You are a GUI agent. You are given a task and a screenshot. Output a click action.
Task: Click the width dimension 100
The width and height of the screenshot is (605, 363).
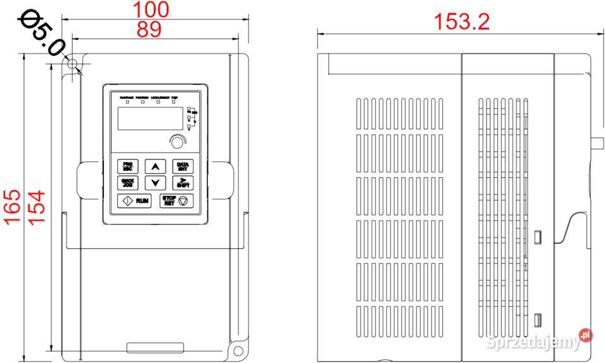(151, 10)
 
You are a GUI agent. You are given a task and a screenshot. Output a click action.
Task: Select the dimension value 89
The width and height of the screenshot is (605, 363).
(149, 29)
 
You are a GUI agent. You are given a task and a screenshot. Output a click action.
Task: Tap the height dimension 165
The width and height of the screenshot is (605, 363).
(12, 205)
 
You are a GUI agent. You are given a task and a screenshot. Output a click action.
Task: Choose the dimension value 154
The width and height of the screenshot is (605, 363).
(36, 205)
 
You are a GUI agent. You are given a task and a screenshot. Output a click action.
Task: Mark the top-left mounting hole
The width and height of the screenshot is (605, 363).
(73, 64)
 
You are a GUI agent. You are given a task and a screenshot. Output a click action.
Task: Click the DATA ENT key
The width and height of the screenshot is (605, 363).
(183, 166)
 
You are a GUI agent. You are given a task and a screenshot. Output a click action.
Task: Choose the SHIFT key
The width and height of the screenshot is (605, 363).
(183, 183)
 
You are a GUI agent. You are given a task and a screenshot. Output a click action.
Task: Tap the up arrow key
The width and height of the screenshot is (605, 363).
(154, 166)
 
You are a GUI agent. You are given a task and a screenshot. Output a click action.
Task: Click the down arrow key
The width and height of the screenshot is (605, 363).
(154, 183)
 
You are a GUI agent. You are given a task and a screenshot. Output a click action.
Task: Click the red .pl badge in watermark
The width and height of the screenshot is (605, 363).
(585, 335)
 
